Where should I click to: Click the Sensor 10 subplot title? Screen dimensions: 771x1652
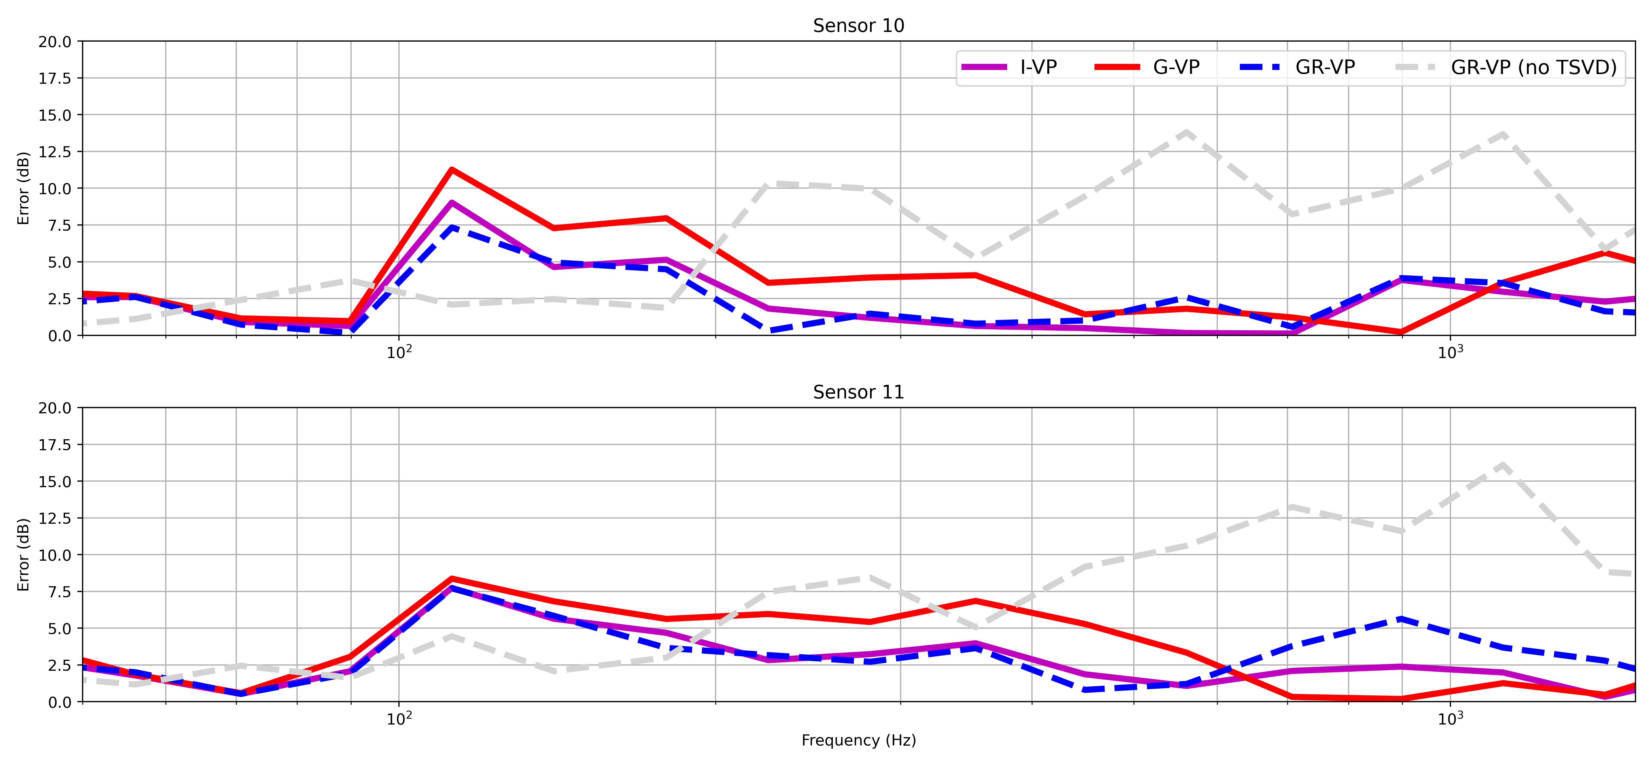[858, 26]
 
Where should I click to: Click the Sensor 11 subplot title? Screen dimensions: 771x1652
[858, 392]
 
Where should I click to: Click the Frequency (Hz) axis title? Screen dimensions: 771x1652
[858, 740]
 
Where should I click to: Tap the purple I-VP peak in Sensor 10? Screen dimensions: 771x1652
[452, 203]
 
